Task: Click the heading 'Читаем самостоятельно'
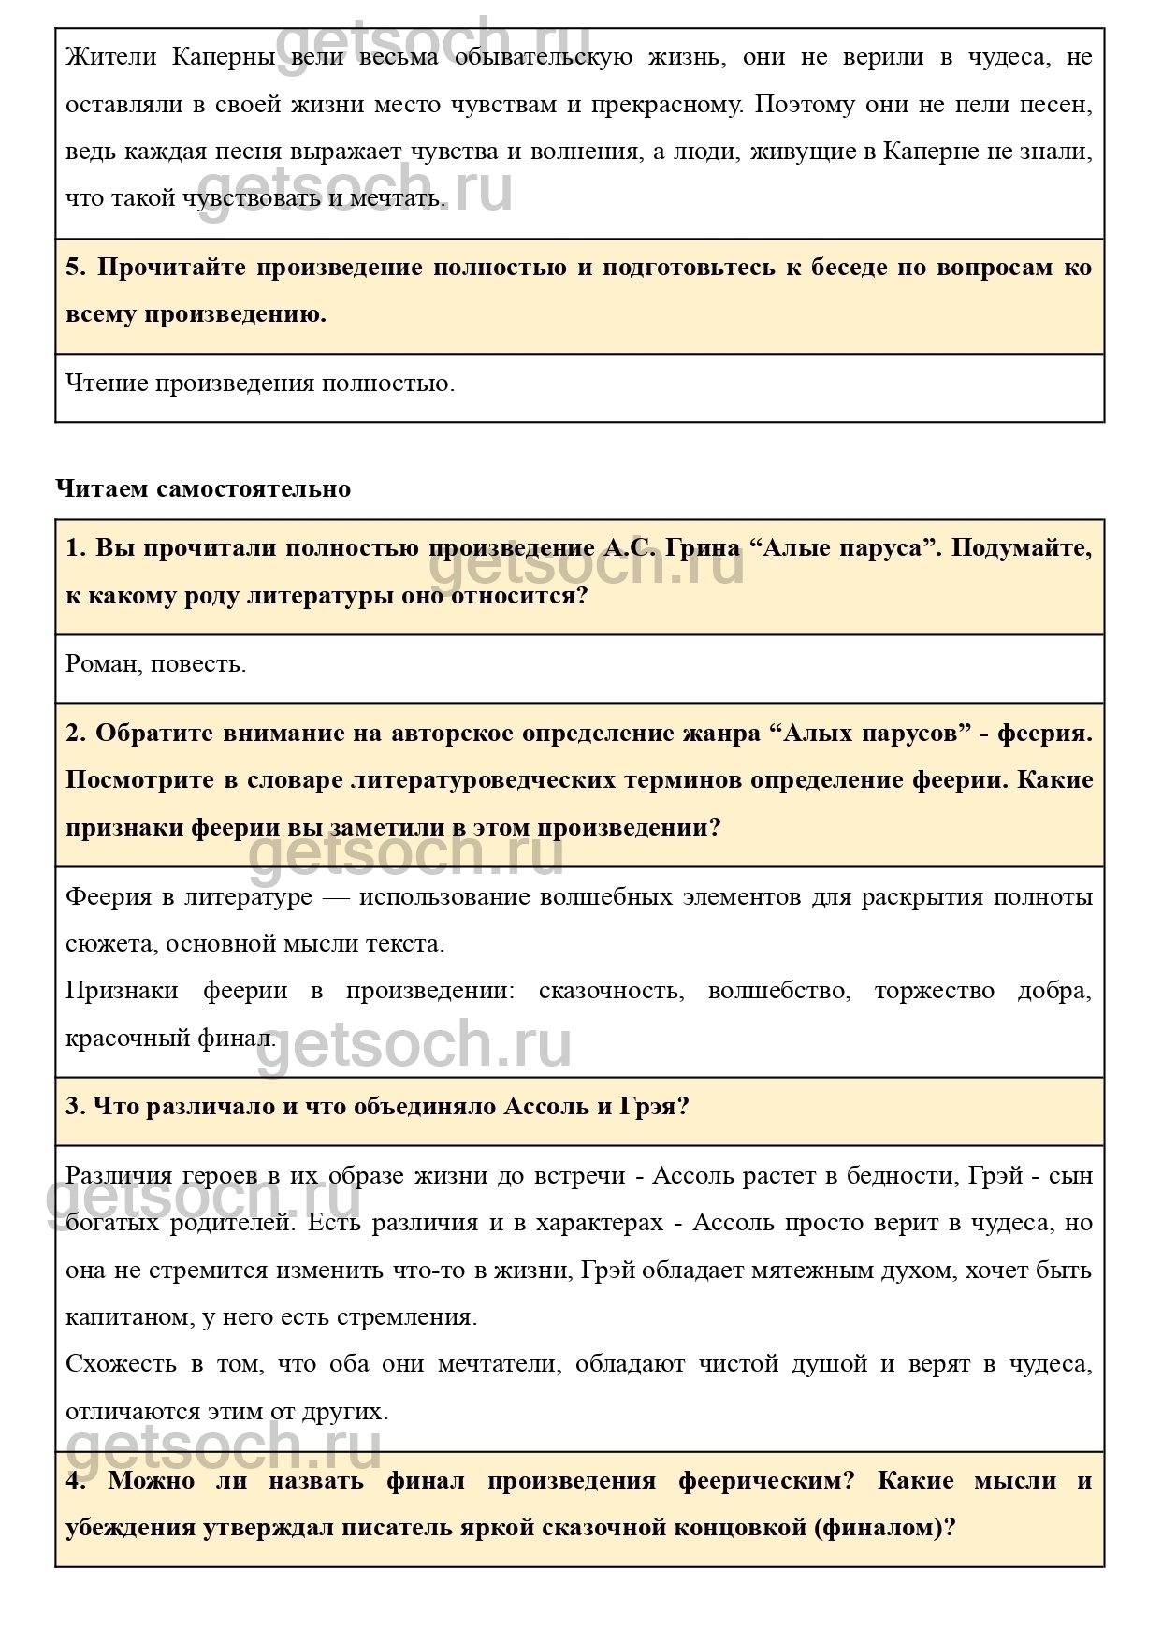coord(203,489)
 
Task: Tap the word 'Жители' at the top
coord(106,58)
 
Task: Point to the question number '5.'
coord(76,269)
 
